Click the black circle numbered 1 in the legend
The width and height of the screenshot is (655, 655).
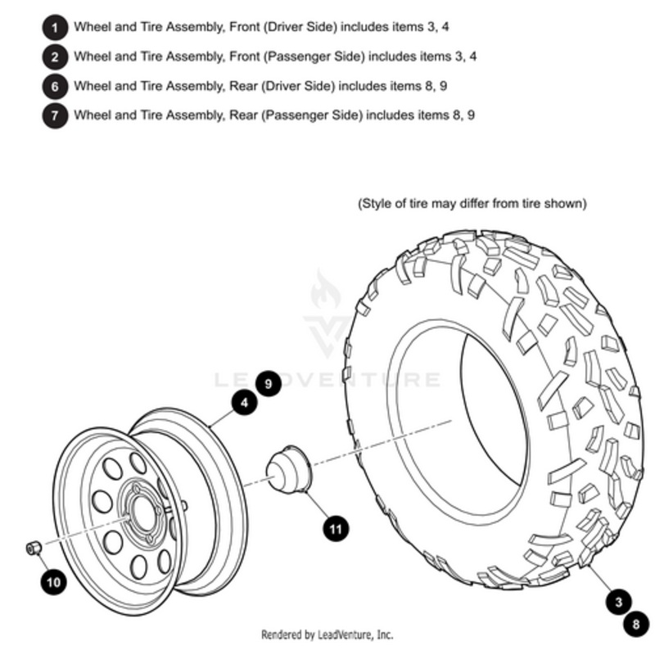[x=55, y=28]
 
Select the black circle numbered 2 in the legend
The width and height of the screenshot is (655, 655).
[x=55, y=57]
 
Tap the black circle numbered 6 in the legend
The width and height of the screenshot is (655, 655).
[x=55, y=86]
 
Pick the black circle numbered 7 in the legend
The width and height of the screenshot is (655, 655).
[x=55, y=115]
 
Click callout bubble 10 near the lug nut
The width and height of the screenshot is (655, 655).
[x=53, y=582]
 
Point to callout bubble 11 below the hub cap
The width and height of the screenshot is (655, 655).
[x=335, y=528]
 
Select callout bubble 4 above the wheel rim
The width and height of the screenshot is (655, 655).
[x=244, y=402]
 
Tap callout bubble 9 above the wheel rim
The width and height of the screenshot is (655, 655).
[x=268, y=382]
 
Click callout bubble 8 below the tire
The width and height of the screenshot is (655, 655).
[x=635, y=626]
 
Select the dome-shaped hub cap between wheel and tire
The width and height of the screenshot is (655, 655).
[x=287, y=472]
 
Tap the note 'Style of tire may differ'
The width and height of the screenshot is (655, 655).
[x=472, y=203]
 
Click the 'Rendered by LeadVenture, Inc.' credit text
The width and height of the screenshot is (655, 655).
[x=327, y=635]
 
